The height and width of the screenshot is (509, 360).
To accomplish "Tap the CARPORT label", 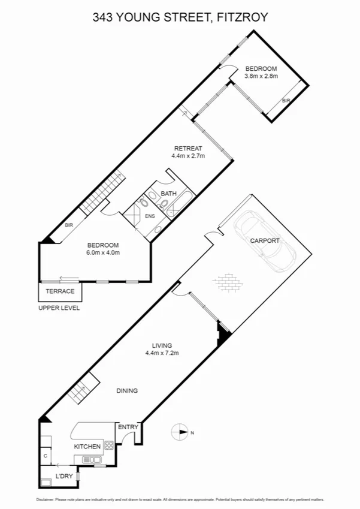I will tap(265, 240).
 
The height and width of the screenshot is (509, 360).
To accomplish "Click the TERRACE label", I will tap(60, 291).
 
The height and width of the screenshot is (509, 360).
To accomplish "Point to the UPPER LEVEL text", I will tap(59, 308).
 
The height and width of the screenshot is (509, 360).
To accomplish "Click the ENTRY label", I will tap(128, 427).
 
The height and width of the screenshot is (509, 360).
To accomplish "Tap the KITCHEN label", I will tap(87, 447).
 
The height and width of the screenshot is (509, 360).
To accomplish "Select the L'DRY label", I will tap(64, 476).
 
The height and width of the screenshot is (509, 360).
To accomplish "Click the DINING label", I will tap(126, 390).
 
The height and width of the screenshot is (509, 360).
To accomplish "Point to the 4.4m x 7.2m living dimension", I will tap(162, 353).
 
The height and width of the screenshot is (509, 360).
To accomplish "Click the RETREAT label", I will tap(188, 148).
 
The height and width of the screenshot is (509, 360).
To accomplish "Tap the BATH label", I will tap(168, 193).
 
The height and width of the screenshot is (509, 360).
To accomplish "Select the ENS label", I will tap(150, 216).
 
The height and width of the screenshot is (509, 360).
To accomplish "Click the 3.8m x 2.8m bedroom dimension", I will tap(261, 76).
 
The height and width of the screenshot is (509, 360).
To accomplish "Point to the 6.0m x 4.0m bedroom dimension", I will tap(104, 252).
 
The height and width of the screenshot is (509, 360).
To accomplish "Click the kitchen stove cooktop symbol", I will tap(110, 445).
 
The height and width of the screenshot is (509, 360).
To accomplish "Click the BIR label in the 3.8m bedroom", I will tap(286, 101).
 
